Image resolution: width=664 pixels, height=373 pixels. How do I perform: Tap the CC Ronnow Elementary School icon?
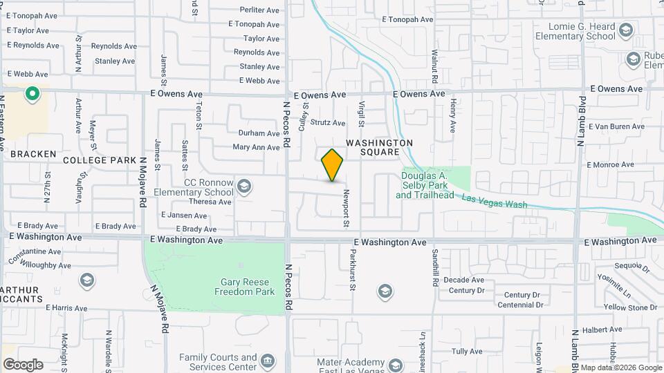(x=243, y=186)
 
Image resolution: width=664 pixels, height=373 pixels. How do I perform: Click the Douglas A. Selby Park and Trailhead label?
(x=425, y=185)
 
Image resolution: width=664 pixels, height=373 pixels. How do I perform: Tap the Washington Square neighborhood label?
(x=379, y=147)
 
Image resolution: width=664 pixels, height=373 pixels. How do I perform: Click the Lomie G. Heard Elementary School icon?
(x=626, y=30)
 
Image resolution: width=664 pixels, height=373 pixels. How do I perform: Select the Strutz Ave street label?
(x=327, y=123)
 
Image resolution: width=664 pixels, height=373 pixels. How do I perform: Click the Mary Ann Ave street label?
(x=256, y=147)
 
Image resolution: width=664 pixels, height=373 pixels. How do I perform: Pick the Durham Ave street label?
(x=259, y=133)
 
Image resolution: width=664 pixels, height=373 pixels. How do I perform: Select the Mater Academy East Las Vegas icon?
(x=396, y=365)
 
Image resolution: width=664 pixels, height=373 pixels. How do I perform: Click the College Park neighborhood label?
(x=100, y=160)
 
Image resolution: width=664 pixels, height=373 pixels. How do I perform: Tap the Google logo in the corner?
(x=22, y=364)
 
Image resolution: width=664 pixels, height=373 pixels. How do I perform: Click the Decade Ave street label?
(x=463, y=280)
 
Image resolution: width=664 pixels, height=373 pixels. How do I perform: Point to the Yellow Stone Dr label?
(x=630, y=307)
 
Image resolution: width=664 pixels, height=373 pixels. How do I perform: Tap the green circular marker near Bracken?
(x=31, y=93)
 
